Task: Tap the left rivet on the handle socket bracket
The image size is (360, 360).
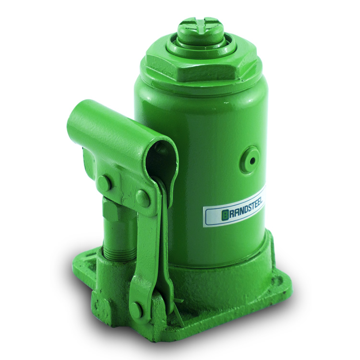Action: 105,182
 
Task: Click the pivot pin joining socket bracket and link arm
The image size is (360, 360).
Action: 143,198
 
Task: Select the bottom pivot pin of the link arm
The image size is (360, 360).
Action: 138,308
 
